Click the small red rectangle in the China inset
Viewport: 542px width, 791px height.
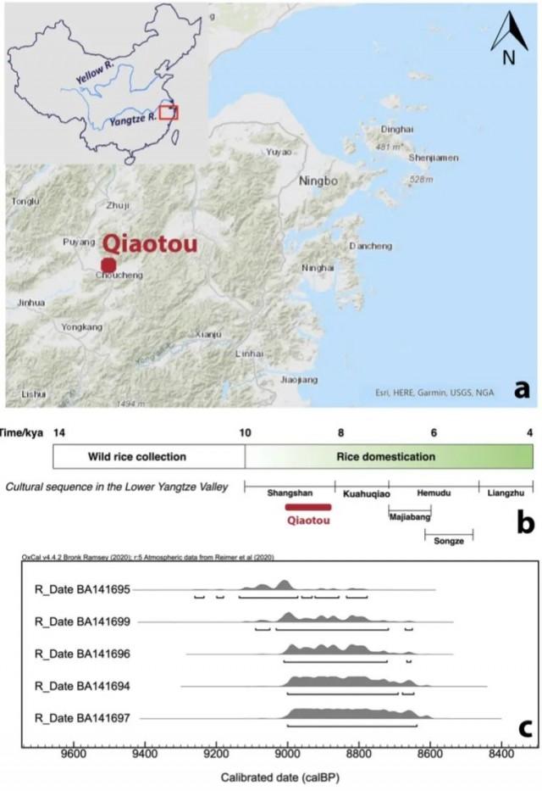coord(169,113)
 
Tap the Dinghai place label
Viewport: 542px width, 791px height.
coord(398,130)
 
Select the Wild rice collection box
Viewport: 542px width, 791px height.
coord(149,457)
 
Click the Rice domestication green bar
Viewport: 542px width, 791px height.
coord(390,457)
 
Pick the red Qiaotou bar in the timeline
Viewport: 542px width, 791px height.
coord(307,507)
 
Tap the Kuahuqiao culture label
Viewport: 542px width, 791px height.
coord(362,492)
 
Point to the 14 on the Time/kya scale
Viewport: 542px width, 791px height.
coord(59,432)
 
